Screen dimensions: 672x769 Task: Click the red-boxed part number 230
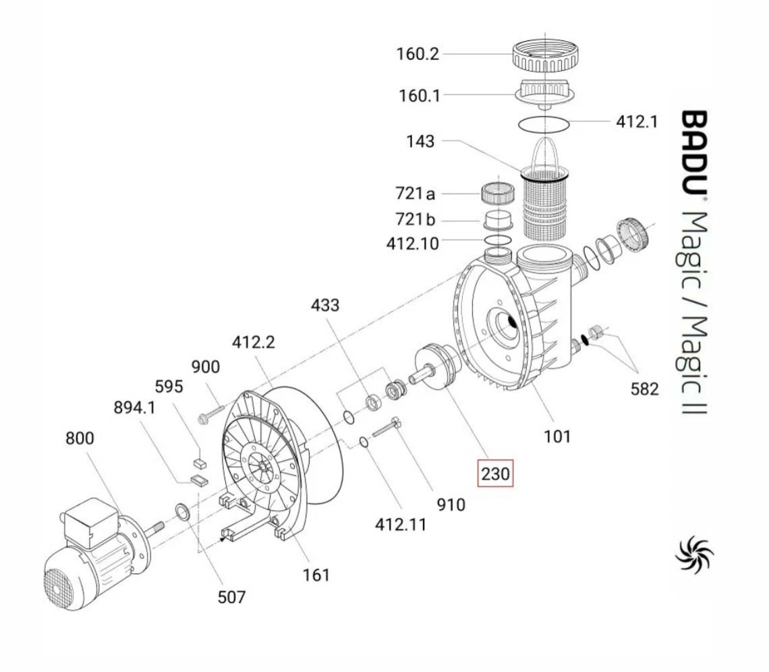tap(495, 473)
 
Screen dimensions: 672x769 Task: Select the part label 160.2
tap(417, 54)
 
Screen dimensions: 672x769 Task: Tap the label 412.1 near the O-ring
tap(636, 121)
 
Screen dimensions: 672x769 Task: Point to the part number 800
tap(80, 438)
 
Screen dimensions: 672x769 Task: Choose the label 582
tap(644, 389)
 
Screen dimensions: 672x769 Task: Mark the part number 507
tap(231, 596)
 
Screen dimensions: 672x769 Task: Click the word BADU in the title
tap(693, 152)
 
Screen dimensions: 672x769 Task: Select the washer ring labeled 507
tap(183, 512)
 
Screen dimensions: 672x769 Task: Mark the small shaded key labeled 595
tap(200, 463)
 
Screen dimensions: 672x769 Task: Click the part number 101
tap(557, 436)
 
